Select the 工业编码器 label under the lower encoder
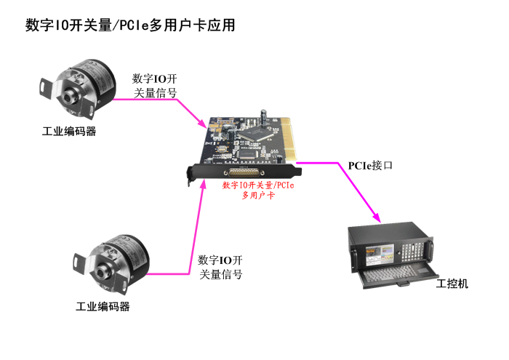pos(103,306)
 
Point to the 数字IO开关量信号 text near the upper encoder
pos(155,85)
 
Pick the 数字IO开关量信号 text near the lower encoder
pos(220,267)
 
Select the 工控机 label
pos(452,283)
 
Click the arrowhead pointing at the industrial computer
pos(376,217)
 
